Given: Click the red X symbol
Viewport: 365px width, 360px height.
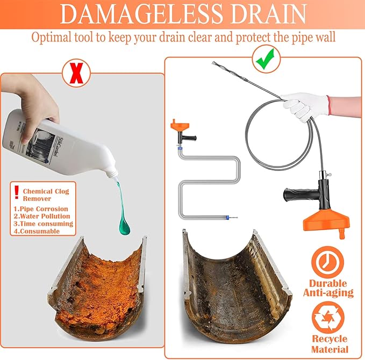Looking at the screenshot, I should (76, 73).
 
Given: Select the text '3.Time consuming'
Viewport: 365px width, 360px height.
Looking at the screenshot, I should (43, 224).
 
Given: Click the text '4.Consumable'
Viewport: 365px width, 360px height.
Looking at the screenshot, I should (37, 232).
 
